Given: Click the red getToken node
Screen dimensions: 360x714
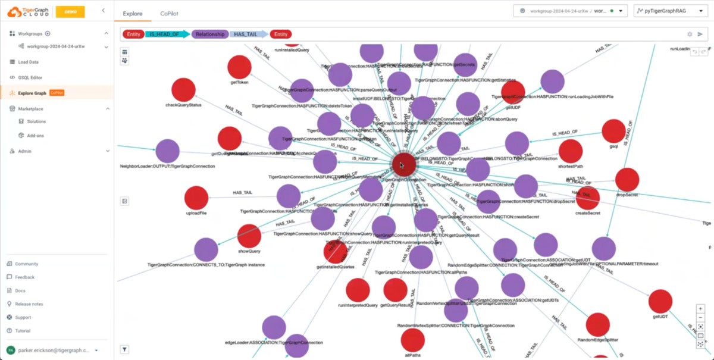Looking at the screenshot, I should [240, 67].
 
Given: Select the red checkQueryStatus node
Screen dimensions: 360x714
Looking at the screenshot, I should [183, 90].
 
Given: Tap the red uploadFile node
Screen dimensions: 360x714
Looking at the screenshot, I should [196, 198].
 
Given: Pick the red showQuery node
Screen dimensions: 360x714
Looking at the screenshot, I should [249, 236].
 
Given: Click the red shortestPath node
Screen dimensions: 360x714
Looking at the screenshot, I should [571, 151].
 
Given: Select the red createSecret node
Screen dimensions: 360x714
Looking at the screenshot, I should [588, 198].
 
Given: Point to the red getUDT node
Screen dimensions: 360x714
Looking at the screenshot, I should [660, 302].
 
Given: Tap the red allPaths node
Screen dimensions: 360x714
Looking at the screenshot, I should [412, 340].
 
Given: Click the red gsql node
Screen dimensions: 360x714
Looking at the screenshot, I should [613, 131].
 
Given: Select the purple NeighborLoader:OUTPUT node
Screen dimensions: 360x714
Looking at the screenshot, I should [167, 151].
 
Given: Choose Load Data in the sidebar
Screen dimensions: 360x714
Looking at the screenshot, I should [28, 62].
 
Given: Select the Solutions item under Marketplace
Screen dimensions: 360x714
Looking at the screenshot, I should [36, 121].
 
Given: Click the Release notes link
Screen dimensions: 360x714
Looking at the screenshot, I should [29, 304].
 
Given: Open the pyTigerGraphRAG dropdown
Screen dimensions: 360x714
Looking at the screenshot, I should [670, 11].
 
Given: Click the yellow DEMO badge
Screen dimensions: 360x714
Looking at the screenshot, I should [70, 11].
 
